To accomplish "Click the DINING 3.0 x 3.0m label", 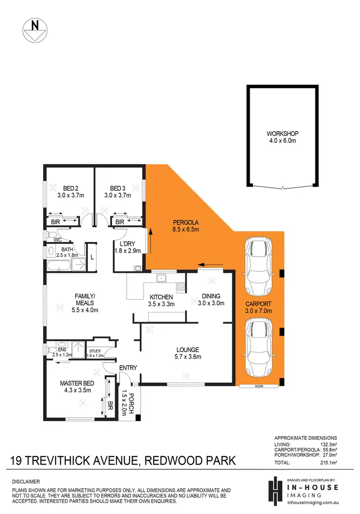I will point(211,300).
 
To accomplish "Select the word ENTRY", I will point(128,367).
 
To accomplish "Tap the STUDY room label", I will point(96,351).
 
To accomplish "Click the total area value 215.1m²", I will point(328,463).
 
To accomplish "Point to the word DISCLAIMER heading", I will point(27,481).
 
